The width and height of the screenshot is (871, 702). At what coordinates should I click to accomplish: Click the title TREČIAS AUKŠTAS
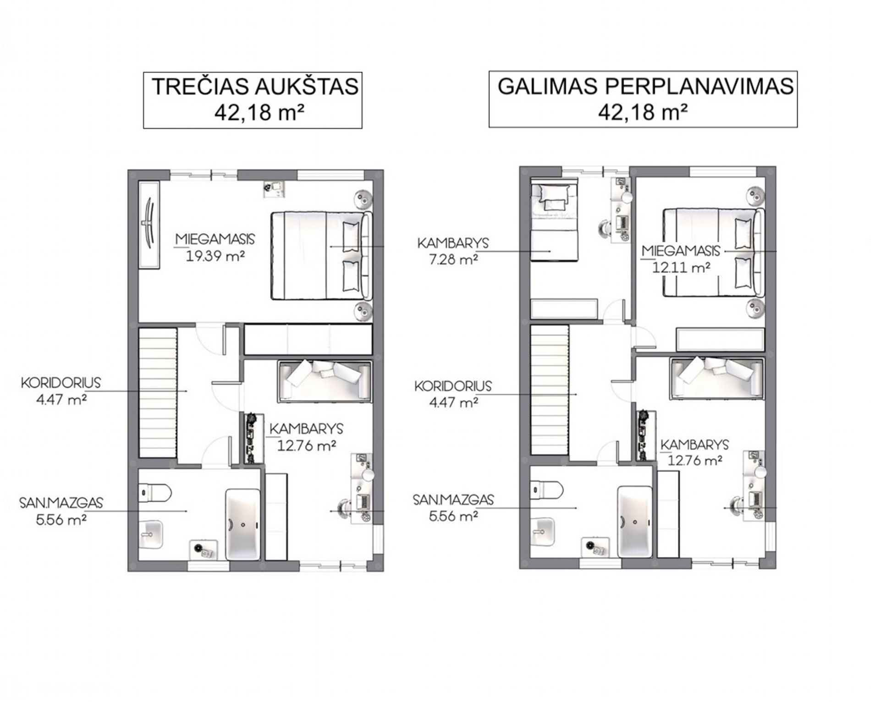tap(255, 87)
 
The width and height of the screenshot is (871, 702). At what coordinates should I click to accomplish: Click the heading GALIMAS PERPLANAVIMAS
tap(645, 86)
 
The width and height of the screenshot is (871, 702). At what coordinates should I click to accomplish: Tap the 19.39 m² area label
tap(215, 255)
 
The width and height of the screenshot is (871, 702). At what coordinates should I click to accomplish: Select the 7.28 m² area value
tap(454, 260)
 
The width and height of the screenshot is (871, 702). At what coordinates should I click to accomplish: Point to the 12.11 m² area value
tap(681, 267)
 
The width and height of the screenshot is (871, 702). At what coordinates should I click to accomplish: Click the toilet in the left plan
tap(154, 493)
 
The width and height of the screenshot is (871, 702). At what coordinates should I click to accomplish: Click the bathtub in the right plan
tap(634, 521)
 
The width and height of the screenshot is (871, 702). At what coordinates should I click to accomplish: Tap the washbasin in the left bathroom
tap(151, 535)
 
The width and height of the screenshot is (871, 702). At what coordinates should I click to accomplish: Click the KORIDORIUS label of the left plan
tap(61, 383)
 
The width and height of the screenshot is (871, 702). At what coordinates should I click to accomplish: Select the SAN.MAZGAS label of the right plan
tap(453, 499)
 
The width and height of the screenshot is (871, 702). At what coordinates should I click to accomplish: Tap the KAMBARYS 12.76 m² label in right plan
tap(695, 452)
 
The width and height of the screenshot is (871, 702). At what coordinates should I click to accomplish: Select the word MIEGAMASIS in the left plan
tap(215, 239)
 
